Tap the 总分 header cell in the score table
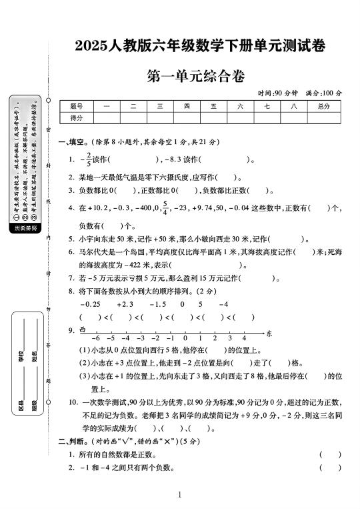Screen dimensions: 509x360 324,106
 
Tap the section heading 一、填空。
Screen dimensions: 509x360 73,142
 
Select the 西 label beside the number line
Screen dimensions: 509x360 83,330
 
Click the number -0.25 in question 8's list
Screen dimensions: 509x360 90,304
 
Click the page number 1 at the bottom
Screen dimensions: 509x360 180,495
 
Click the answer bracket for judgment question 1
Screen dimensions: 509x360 330,454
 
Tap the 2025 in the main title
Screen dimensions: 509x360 93,45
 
